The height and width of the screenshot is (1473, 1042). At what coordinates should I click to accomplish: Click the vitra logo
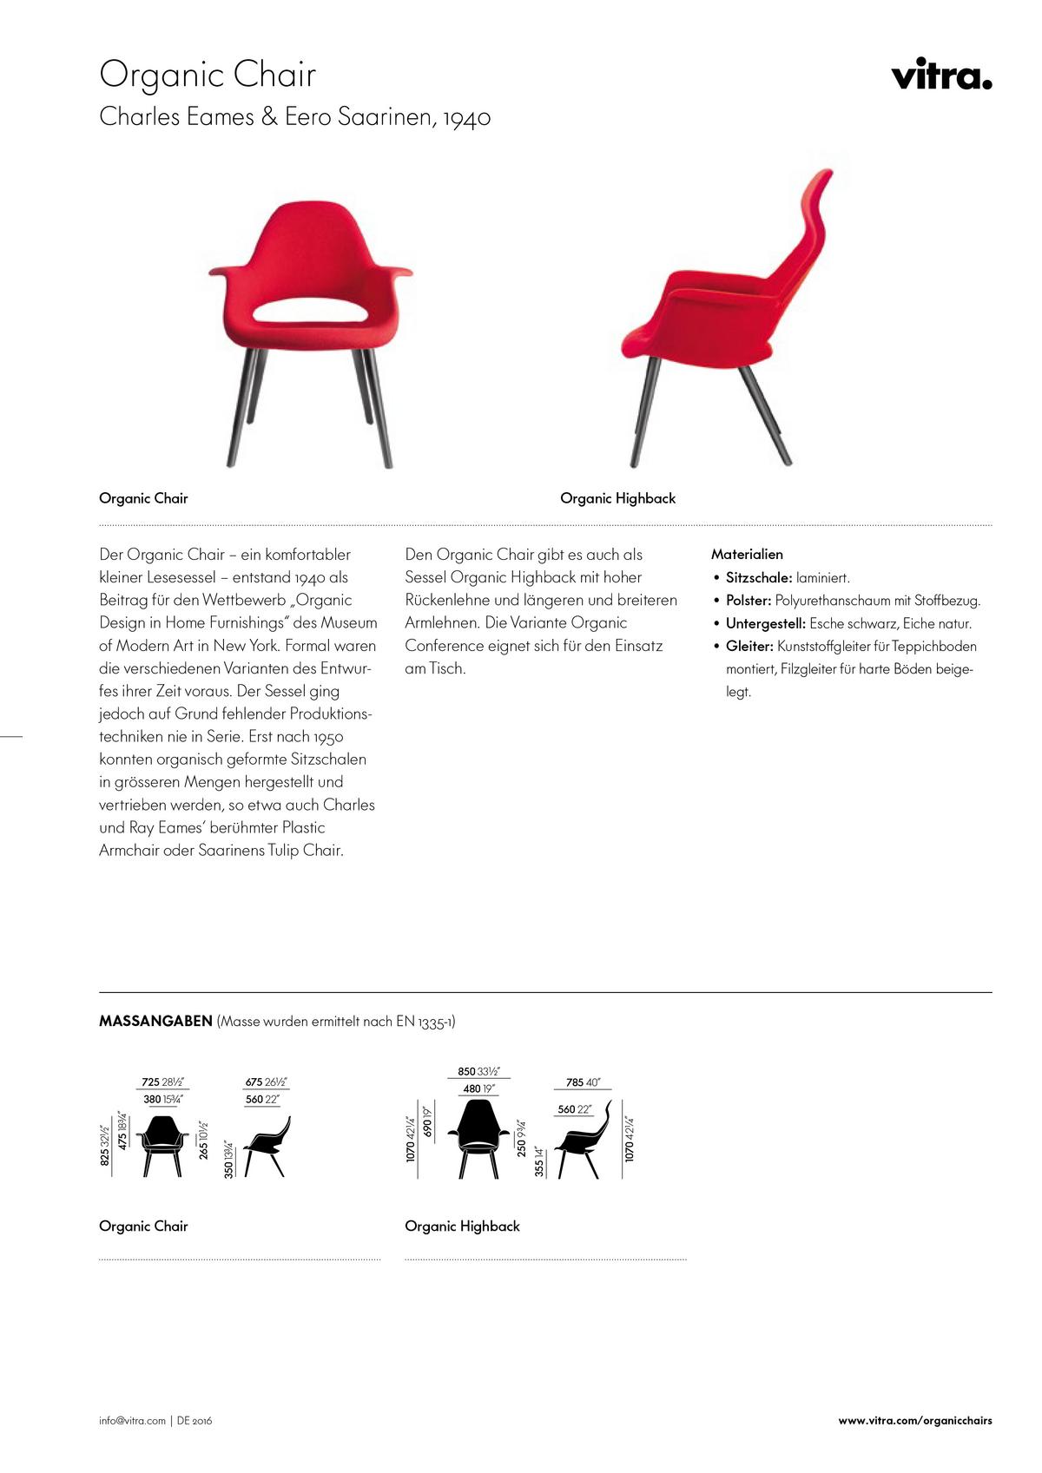(x=941, y=75)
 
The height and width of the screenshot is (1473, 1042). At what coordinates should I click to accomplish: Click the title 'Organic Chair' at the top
(x=208, y=75)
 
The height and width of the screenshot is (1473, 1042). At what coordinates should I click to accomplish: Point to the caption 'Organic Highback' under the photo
(x=617, y=498)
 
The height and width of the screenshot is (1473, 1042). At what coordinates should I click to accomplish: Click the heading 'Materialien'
(x=747, y=554)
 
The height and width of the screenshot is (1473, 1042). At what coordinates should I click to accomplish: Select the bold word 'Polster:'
(x=749, y=600)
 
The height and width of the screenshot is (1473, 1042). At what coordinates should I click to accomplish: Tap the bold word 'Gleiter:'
(x=749, y=646)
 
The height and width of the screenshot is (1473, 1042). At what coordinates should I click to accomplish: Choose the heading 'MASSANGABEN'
(x=155, y=1021)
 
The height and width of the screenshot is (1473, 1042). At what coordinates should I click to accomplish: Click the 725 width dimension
(x=150, y=1082)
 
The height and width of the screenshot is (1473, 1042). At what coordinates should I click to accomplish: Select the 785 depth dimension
(x=575, y=1082)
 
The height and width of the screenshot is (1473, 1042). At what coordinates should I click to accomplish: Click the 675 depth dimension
(x=254, y=1082)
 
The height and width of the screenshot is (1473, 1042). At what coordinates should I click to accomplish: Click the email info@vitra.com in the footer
(x=132, y=1421)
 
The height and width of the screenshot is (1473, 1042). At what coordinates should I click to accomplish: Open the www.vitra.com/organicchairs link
(x=914, y=1421)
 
